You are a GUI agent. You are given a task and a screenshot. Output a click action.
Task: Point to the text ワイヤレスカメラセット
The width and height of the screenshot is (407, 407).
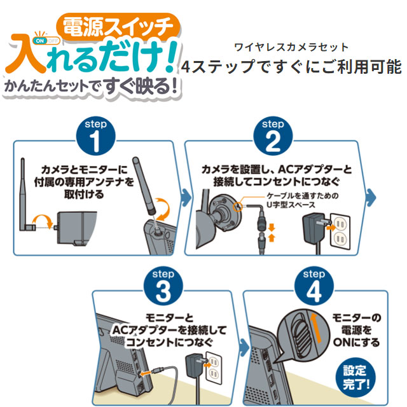click(x=292, y=47)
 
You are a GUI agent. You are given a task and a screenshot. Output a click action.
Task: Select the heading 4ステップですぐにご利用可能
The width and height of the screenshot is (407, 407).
click(x=292, y=67)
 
